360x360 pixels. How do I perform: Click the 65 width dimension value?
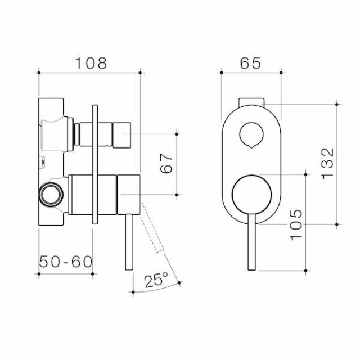point(250,63)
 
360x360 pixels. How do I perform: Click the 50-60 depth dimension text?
point(66,262)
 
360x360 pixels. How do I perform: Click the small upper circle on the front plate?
point(250,134)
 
